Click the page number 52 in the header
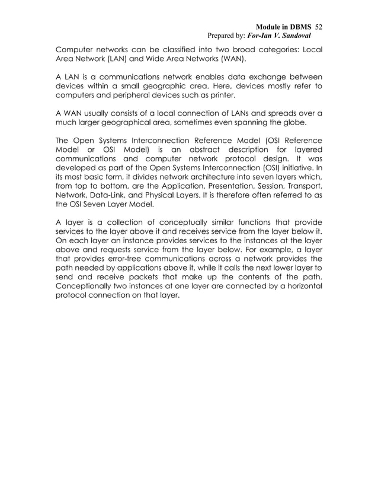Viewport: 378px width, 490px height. point(318,27)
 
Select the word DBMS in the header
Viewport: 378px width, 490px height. point(299,27)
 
